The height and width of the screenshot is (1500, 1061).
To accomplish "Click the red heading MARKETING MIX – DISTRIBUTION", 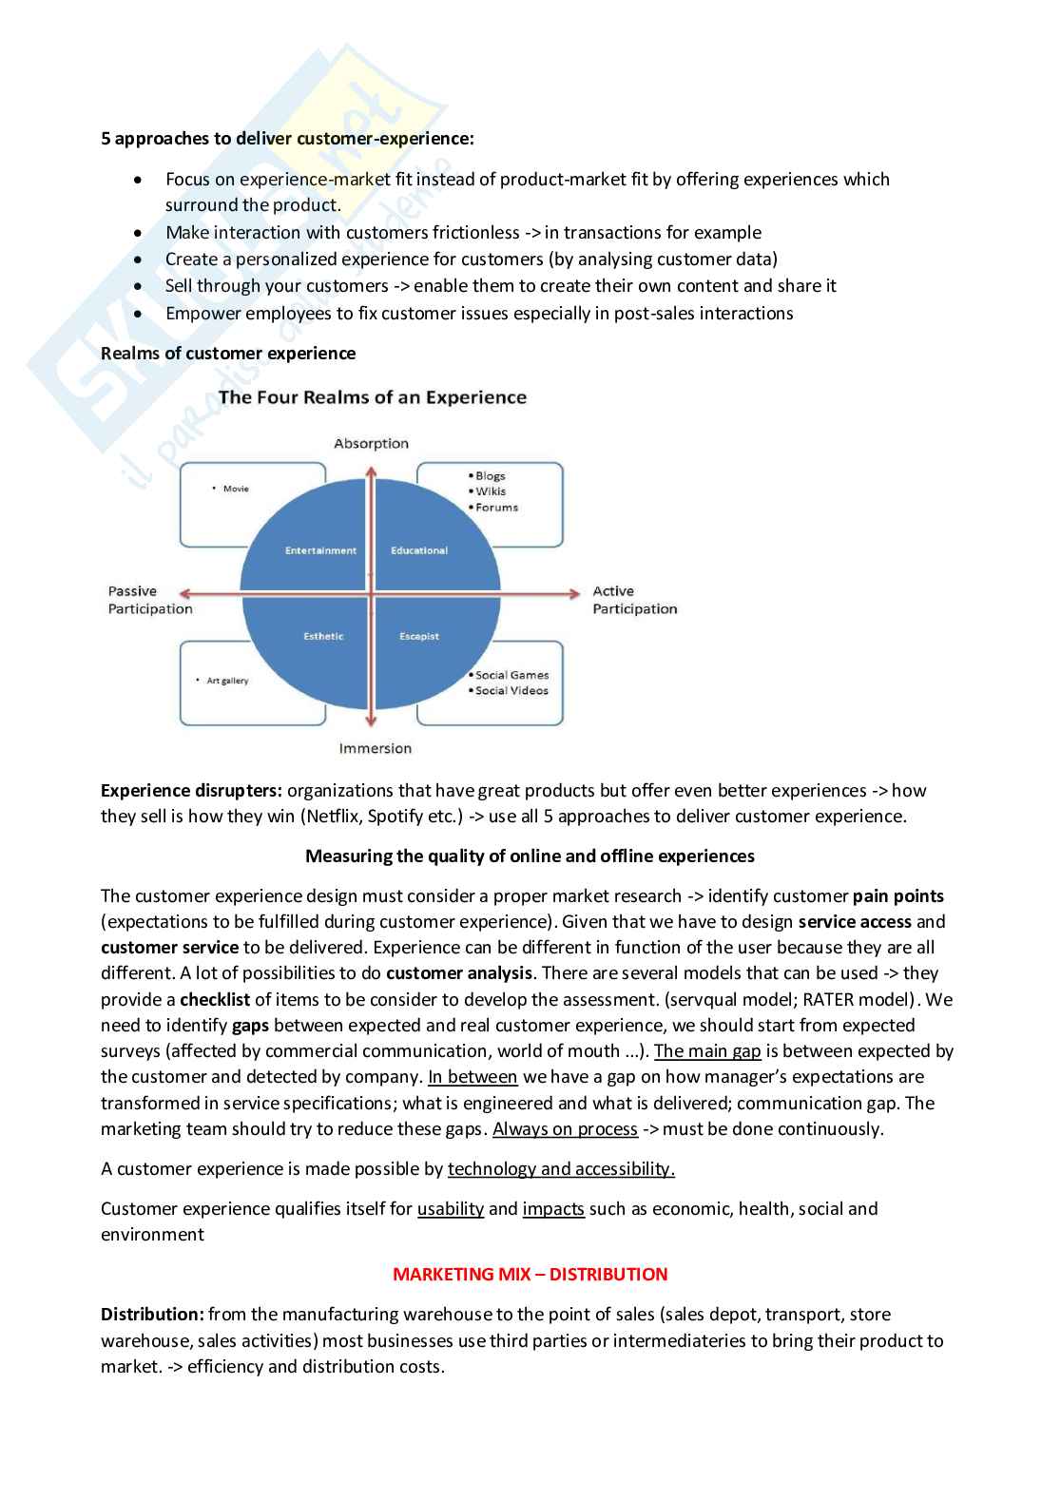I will pyautogui.click(x=530, y=1274).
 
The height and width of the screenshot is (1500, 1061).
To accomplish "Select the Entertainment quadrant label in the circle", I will pyautogui.click(x=320, y=550).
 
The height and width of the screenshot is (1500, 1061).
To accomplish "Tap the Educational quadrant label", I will pyautogui.click(x=418, y=550).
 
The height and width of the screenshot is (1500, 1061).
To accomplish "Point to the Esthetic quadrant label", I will pyautogui.click(x=323, y=636).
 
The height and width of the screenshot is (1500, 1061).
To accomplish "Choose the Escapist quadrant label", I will pyautogui.click(x=419, y=636).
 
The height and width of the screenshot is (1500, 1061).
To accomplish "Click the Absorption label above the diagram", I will pyautogui.click(x=371, y=443).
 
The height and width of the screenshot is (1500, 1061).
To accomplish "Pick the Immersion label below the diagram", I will pyautogui.click(x=375, y=748).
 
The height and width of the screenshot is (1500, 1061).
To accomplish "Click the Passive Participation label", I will pyautogui.click(x=149, y=600).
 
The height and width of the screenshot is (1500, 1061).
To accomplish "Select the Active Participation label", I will pyautogui.click(x=634, y=600).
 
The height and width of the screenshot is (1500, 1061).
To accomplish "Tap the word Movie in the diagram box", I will pyautogui.click(x=236, y=489).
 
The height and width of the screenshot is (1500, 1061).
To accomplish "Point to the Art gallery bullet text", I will pyautogui.click(x=227, y=681).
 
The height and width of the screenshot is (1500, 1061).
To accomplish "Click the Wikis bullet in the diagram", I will pyautogui.click(x=491, y=491).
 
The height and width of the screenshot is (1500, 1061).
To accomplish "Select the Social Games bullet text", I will pyautogui.click(x=511, y=675).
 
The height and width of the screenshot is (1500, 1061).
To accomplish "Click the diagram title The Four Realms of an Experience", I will pyautogui.click(x=372, y=397).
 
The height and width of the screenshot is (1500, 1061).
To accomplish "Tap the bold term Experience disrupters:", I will pyautogui.click(x=191, y=790).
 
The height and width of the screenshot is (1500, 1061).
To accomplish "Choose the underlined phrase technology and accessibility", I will pyautogui.click(x=561, y=1168).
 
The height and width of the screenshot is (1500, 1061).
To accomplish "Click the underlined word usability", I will pyautogui.click(x=451, y=1208).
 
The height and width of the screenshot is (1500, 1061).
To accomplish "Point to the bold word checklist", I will pyautogui.click(x=215, y=999).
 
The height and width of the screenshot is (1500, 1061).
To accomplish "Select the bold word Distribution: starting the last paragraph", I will pyautogui.click(x=152, y=1314).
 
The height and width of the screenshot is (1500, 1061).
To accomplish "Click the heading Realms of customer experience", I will pyautogui.click(x=228, y=353).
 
